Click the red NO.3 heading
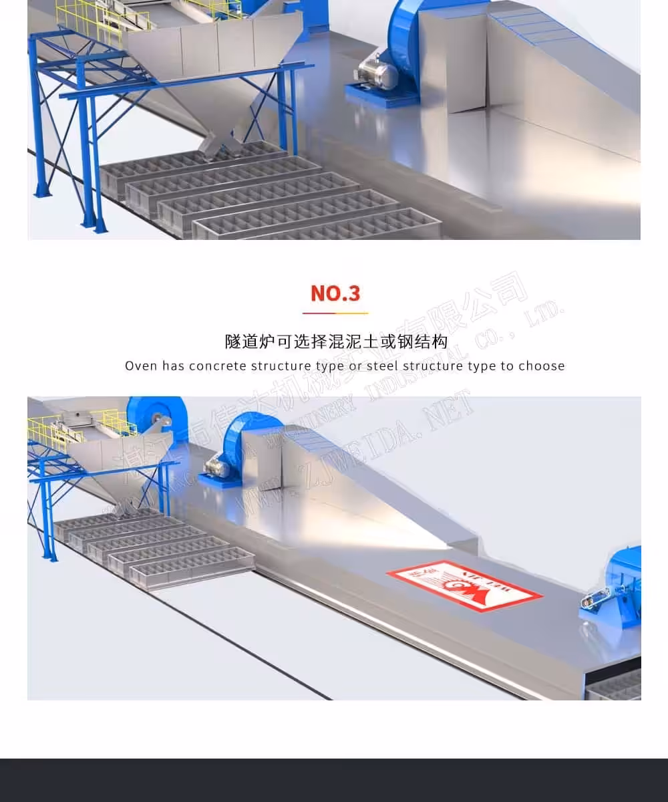pos(335,293)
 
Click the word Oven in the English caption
pos(141,366)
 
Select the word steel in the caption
pos(381,366)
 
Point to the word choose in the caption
pos(542,366)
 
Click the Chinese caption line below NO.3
pos(335,342)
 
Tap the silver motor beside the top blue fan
pos(375,71)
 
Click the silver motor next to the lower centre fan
pos(218,465)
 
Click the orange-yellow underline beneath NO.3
pos(335,313)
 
